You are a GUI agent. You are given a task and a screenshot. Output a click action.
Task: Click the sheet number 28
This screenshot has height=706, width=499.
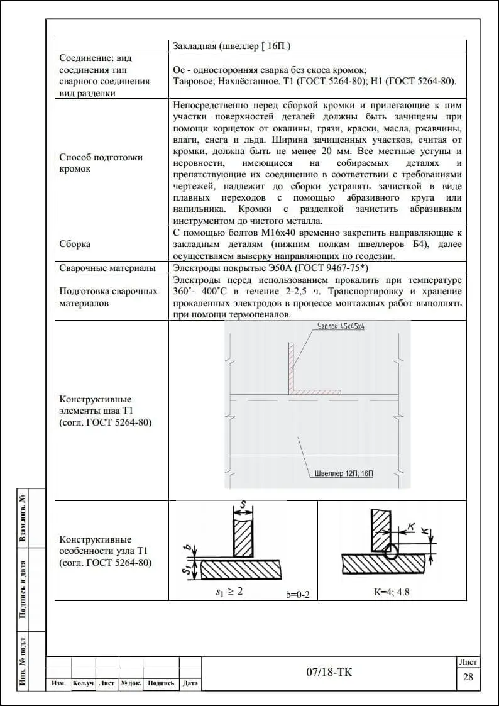click(468, 676)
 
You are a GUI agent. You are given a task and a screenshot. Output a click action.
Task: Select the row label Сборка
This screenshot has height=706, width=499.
click(75, 244)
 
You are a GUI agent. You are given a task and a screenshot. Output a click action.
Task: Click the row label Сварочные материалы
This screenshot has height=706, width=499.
click(107, 268)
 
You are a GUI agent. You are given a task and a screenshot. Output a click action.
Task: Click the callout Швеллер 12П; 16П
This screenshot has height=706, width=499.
click(342, 473)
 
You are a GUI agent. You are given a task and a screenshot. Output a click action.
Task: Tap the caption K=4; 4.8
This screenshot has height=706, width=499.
click(392, 592)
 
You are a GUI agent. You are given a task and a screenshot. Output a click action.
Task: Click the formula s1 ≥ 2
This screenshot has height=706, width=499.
click(229, 592)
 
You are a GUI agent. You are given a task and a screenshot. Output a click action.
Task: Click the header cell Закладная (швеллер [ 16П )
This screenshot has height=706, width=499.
click(231, 46)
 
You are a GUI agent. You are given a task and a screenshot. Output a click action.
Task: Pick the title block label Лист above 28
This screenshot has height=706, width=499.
click(468, 662)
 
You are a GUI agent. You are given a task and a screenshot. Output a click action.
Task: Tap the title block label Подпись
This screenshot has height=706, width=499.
click(161, 683)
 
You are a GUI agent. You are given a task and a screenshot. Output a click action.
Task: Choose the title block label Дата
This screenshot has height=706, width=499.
click(190, 683)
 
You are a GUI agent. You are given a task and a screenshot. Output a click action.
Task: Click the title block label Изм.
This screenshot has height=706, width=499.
click(58, 683)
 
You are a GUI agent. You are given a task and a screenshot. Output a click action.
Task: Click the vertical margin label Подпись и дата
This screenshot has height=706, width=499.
click(23, 589)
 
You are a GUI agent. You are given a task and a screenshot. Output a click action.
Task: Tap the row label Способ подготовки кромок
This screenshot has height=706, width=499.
click(101, 163)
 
